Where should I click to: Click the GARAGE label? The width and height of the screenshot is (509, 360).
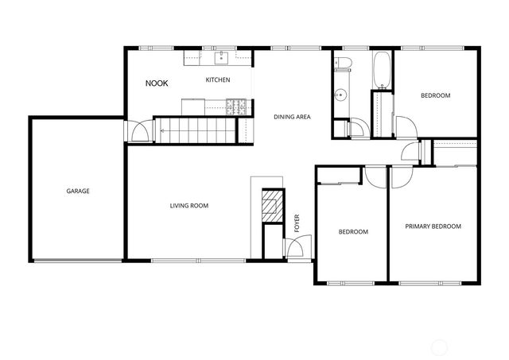(77, 191)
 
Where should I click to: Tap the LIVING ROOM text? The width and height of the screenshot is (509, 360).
(189, 206)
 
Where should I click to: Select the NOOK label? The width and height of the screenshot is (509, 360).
(157, 83)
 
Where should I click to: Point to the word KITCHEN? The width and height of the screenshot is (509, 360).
(218, 80)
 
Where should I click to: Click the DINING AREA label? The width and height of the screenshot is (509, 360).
(292, 117)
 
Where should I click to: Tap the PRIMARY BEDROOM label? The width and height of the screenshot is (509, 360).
(433, 226)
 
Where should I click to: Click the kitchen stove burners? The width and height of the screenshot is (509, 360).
(236, 104)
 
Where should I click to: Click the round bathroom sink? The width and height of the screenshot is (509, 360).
(340, 95)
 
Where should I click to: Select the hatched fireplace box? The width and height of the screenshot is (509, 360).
(272, 203)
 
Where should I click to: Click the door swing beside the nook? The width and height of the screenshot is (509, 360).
(138, 131)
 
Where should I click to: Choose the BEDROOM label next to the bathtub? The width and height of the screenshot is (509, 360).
(435, 95)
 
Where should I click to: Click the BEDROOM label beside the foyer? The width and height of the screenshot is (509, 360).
(353, 232)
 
